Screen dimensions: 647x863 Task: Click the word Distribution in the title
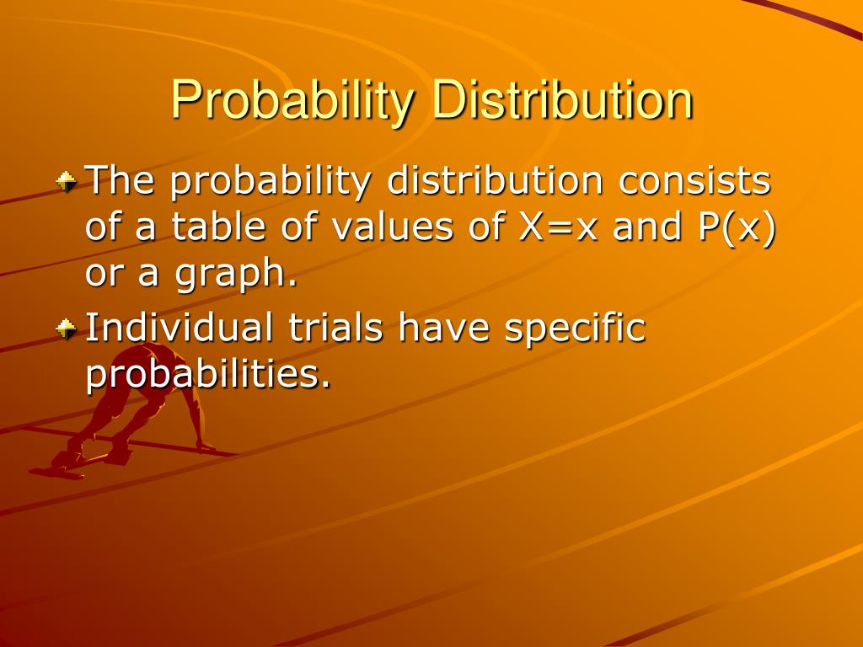[562, 101]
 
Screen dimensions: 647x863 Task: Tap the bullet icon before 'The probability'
[67, 180]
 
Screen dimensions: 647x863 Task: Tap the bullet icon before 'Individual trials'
[67, 327]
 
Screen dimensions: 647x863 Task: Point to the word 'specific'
[575, 329]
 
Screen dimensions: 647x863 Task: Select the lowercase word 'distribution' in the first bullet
[496, 180]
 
